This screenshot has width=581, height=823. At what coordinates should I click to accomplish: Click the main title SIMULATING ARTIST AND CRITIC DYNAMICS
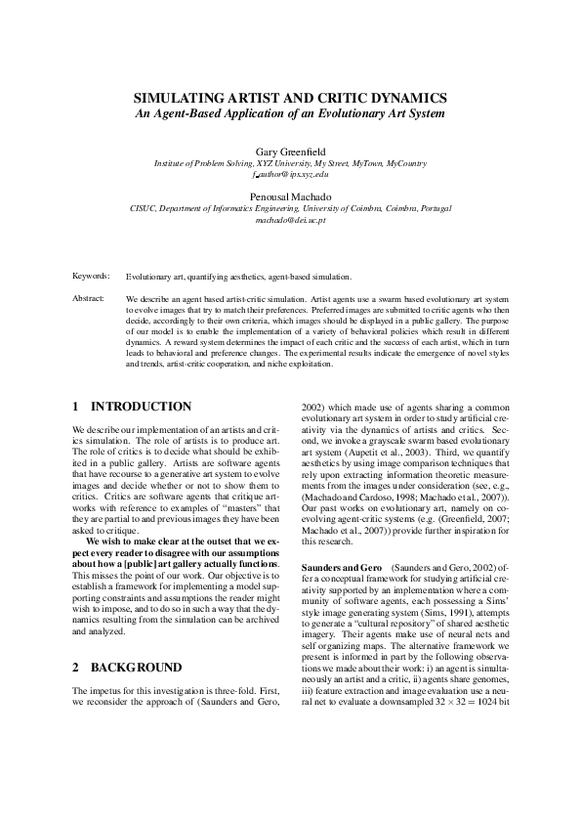[290, 99]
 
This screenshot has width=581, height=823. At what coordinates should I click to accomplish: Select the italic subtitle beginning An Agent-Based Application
[290, 113]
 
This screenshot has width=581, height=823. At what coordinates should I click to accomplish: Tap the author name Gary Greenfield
[290, 152]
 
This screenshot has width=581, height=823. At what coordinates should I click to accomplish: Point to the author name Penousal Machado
[290, 196]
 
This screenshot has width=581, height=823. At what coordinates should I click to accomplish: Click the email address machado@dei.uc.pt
[290, 220]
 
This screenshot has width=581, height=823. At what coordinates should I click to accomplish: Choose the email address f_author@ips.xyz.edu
[290, 174]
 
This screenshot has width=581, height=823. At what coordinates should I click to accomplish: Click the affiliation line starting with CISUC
[290, 208]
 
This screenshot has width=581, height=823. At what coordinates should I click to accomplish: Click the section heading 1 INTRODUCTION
[132, 407]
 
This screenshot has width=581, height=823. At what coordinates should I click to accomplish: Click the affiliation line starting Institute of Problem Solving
[290, 163]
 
